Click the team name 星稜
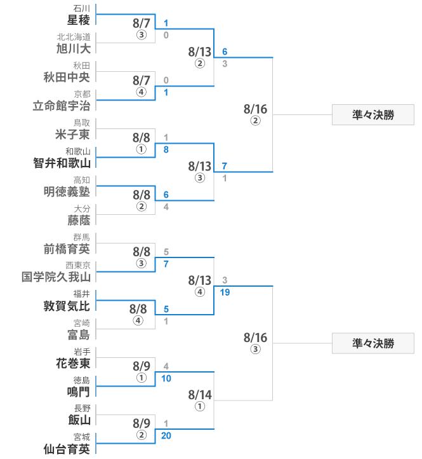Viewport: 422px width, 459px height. coord(78,20)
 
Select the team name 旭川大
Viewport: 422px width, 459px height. coord(73,48)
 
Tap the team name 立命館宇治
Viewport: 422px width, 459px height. coord(62,106)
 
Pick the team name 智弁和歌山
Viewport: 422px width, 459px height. coord(62,163)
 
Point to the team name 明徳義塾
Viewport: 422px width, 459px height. coord(67,191)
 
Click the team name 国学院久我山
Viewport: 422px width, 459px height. coord(56,277)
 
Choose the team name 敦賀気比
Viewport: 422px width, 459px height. coord(67,306)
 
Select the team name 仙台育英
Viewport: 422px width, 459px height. coord(67,449)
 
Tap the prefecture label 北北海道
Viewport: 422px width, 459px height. coord(74,37)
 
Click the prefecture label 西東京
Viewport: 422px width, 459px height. coord(77,265)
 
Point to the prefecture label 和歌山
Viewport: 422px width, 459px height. coord(77,151)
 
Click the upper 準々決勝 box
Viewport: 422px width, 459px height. coord(373,114)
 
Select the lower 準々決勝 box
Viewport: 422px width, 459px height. coord(373,343)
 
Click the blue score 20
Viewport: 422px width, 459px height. coord(166,435)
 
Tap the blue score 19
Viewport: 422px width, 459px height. coord(225,292)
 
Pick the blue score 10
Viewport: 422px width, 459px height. coord(166,378)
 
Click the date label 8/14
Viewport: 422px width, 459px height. coord(200,395)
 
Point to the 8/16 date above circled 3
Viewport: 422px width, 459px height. coord(255,338)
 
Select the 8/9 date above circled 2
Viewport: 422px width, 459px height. coord(142,423)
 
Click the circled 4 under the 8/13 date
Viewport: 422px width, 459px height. coord(200,292)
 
